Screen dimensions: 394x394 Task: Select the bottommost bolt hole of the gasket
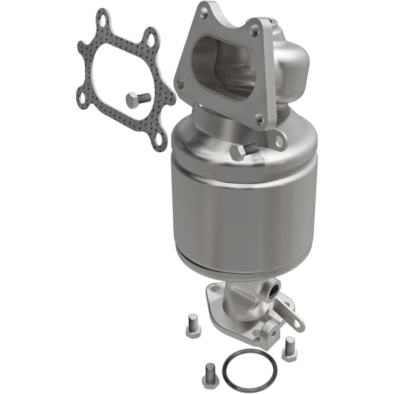[159, 142]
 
